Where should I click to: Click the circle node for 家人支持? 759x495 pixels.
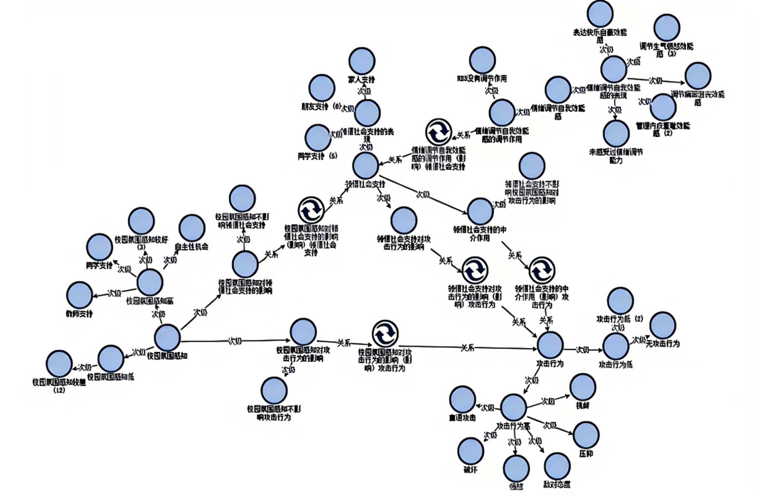click(362, 61)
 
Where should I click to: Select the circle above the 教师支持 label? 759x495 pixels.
click(79, 295)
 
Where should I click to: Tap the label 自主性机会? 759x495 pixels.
click(191, 247)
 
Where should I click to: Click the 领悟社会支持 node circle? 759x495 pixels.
click(365, 166)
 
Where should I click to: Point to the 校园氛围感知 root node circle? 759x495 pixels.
click(167, 338)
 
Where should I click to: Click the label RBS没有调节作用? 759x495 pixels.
click(482, 79)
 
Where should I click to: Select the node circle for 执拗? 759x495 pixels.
click(583, 387)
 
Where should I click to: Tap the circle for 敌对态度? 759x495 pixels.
click(557, 466)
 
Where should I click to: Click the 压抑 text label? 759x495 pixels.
click(586, 454)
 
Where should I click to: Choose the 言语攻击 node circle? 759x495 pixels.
click(462, 399)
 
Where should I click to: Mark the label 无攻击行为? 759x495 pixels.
click(663, 344)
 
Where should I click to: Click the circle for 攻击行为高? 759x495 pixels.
click(513, 407)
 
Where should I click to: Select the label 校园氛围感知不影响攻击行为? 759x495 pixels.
click(274, 413)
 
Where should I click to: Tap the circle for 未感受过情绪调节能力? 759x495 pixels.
click(616, 133)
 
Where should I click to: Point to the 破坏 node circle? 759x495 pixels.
click(471, 451)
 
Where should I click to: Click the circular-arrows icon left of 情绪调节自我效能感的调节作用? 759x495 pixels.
click(438, 132)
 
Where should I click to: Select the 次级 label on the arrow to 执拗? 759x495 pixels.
click(548, 401)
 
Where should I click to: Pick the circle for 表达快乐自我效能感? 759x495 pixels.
click(600, 14)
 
